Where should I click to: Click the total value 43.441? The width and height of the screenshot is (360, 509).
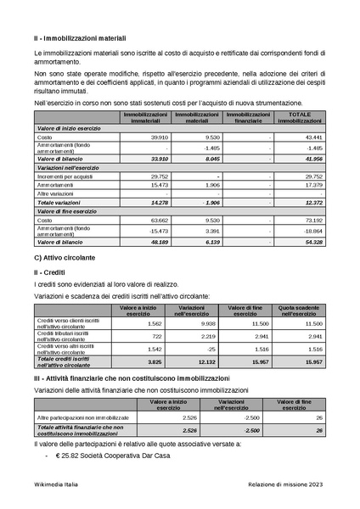(312, 137)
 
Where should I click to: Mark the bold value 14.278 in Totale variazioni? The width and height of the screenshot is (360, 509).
(159, 203)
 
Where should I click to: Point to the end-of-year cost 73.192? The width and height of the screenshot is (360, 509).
(312, 221)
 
